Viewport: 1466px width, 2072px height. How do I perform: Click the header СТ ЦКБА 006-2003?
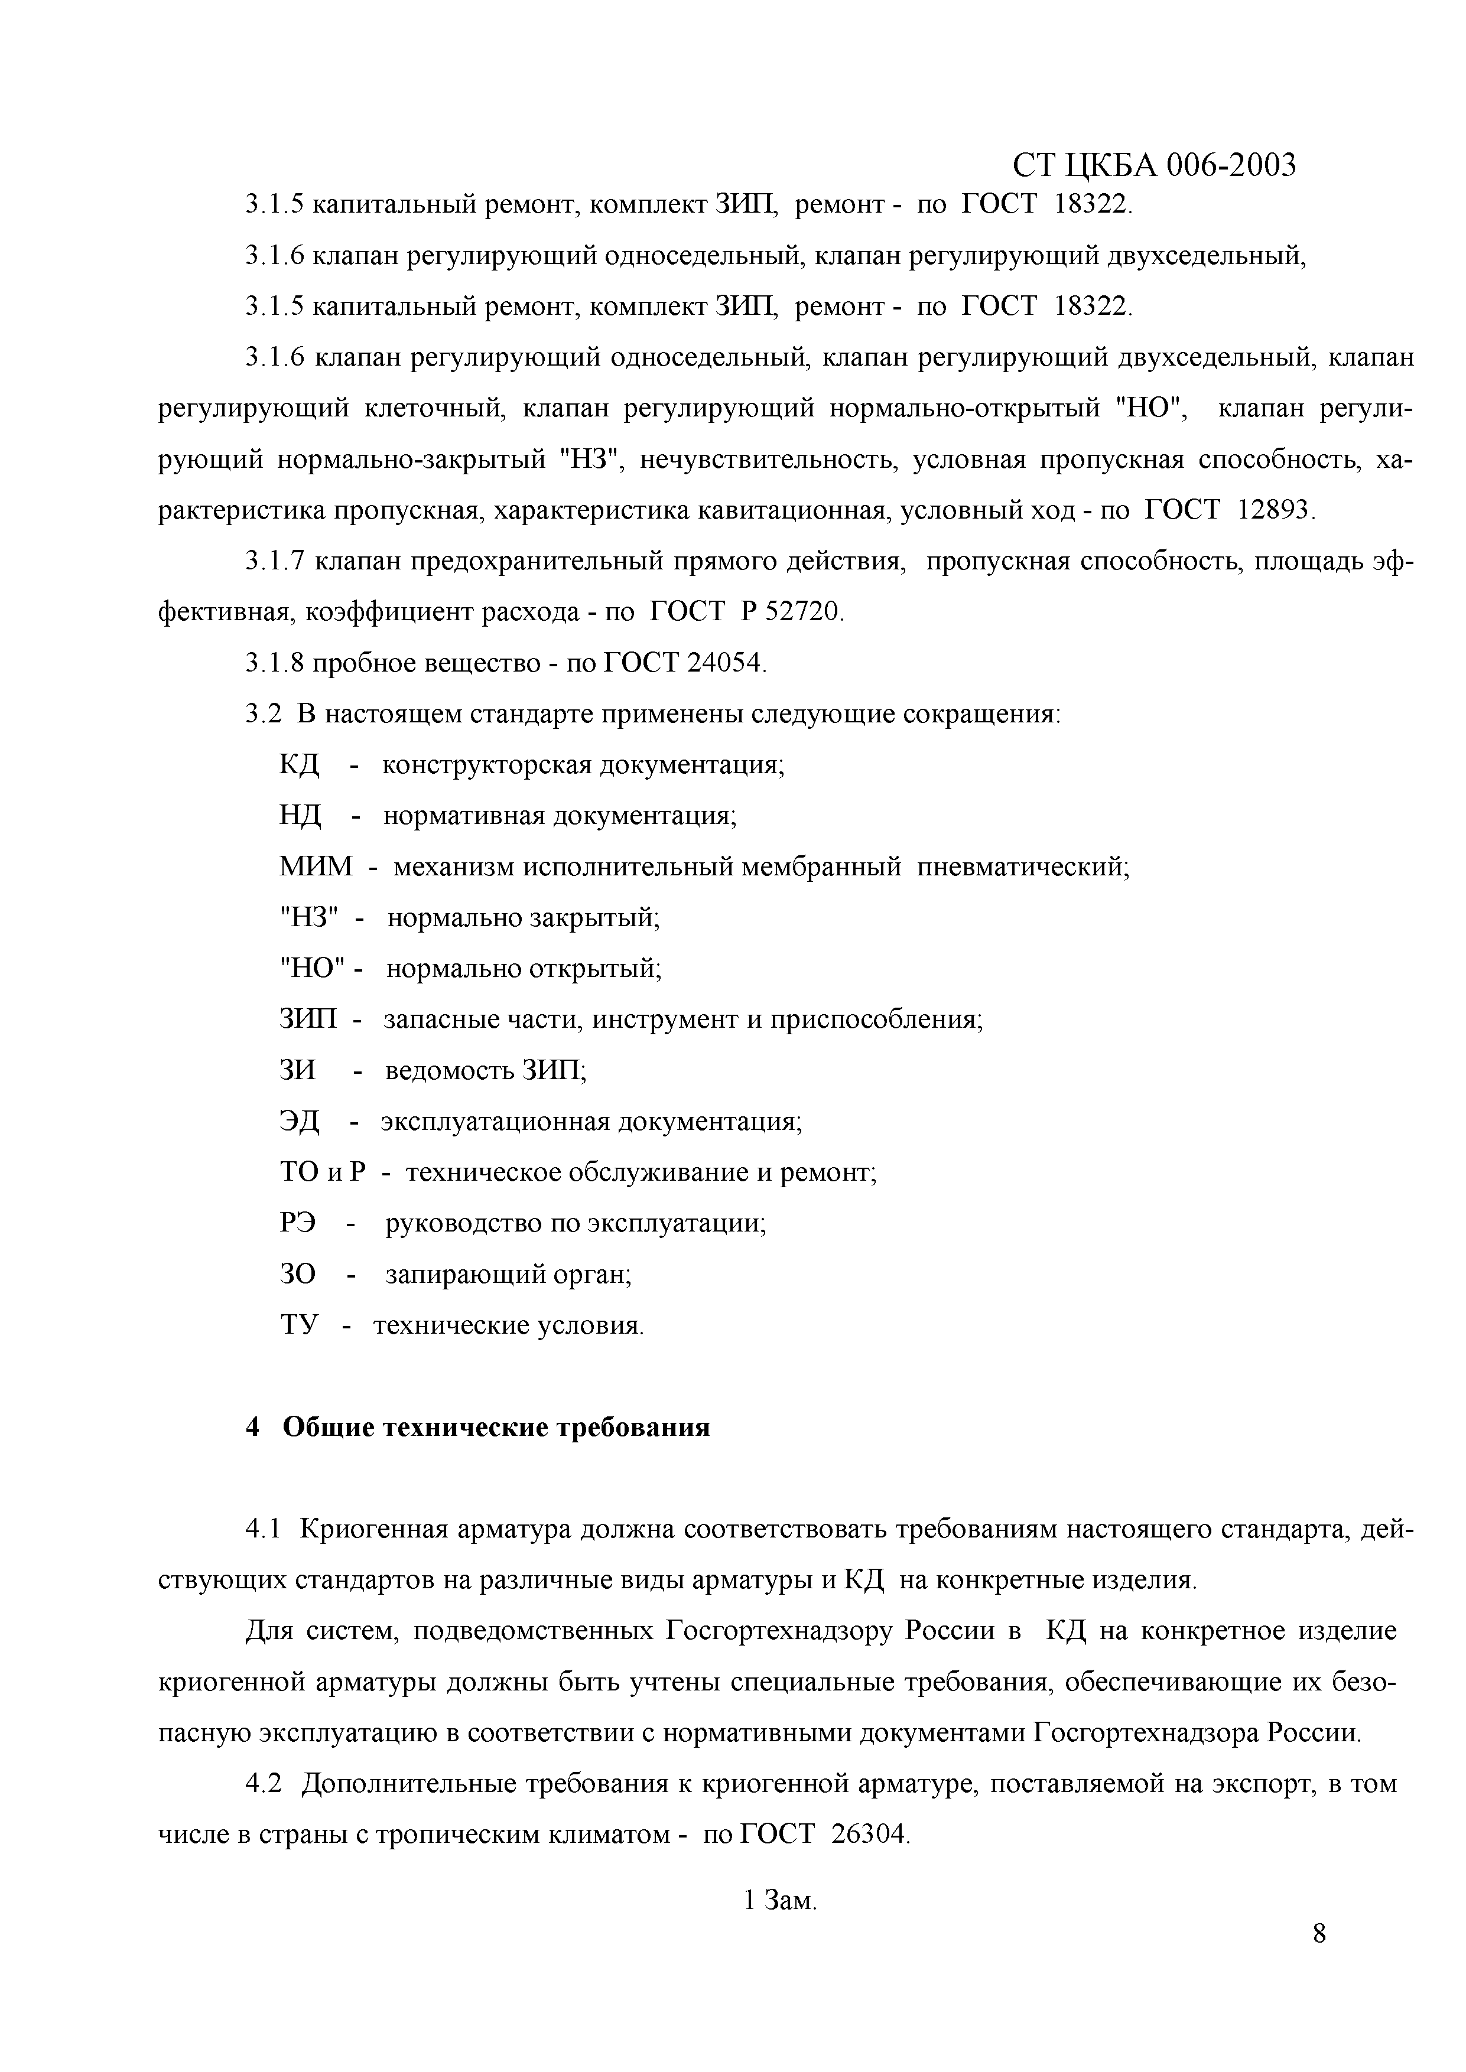[1153, 165]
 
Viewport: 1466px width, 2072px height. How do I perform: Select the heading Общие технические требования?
[496, 1428]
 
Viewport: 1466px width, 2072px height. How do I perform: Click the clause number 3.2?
[263, 715]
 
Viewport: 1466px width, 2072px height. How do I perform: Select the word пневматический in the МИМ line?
[1023, 867]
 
